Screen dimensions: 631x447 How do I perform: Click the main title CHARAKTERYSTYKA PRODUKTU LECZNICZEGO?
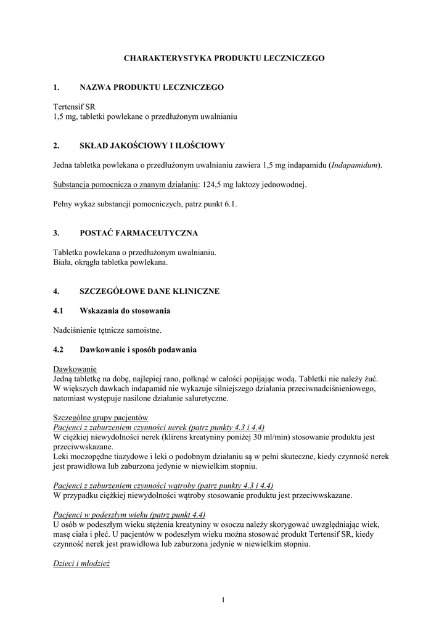pos(224,58)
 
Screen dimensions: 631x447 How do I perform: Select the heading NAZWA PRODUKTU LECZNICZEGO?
pos(152,88)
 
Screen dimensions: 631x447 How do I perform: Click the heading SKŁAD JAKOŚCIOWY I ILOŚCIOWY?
pos(152,146)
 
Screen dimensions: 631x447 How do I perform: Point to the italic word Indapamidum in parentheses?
pos(355,165)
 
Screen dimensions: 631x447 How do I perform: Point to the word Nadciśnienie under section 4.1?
pos(76,330)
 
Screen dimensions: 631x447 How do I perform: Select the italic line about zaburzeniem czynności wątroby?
pos(163,486)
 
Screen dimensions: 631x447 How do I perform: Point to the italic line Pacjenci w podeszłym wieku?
pos(129,515)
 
